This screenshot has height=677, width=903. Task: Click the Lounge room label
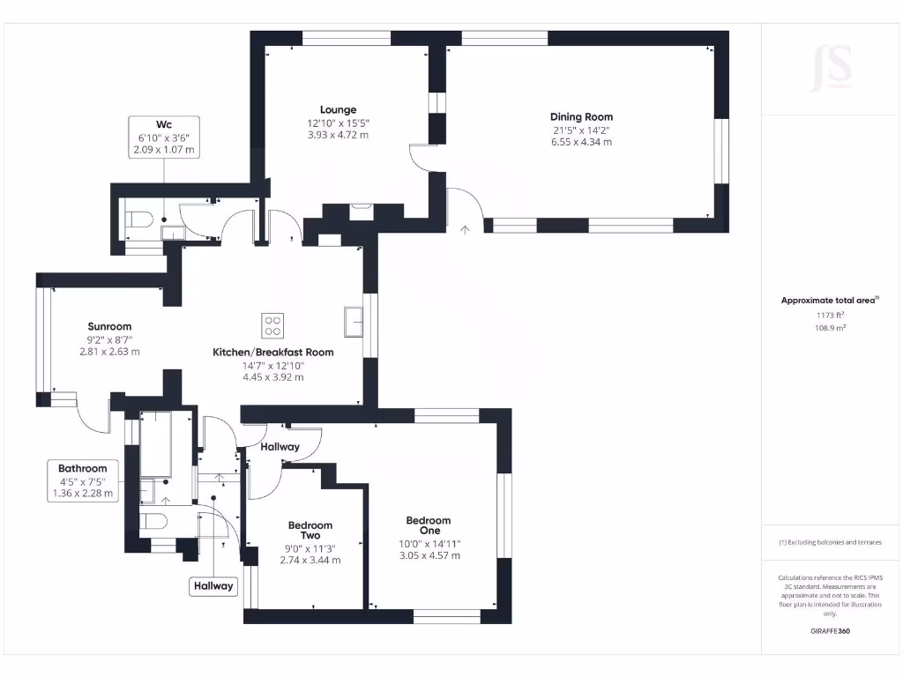338,110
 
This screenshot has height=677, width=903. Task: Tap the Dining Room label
581,116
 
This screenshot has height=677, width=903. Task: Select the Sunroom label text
109,326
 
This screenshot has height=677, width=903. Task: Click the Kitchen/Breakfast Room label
273,352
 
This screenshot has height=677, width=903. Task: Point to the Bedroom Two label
310,531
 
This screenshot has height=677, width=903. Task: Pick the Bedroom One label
429,525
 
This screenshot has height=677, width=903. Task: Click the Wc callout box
163,138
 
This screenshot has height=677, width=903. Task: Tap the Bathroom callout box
83,480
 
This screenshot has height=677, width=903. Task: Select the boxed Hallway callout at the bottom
214,585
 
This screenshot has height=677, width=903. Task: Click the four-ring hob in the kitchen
273,324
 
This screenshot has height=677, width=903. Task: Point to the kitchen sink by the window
354,321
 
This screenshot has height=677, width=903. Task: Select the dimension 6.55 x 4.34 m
581,141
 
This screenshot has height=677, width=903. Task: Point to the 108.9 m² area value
829,327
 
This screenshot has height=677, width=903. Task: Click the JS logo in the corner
831,68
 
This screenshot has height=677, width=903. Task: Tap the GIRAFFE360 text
829,631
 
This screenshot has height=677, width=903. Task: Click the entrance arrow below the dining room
465,230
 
